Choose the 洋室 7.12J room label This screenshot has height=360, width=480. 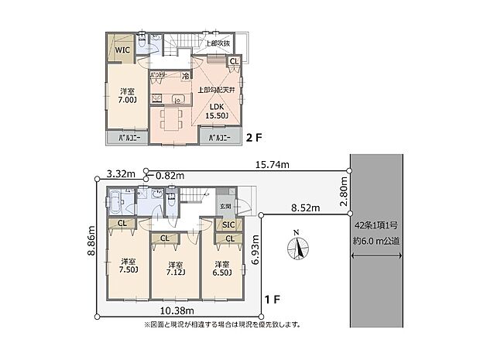pyautogui.click(x=173, y=269)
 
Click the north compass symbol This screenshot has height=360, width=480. pyautogui.click(x=297, y=248)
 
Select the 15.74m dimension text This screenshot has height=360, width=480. pyautogui.click(x=272, y=165)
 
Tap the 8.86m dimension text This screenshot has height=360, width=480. pyautogui.click(x=91, y=244)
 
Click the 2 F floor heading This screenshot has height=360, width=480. pyautogui.click(x=255, y=139)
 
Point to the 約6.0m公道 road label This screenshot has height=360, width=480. pyautogui.click(x=377, y=241)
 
